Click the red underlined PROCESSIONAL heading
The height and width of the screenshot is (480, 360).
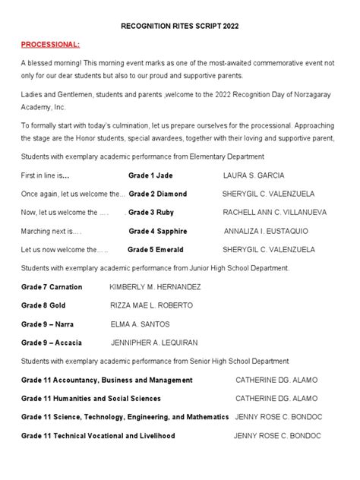pos(50,45)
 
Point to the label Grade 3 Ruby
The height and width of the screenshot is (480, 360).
pos(152,212)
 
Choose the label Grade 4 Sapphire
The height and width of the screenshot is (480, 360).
pos(159,230)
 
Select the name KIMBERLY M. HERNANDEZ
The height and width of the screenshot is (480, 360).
pos(155,286)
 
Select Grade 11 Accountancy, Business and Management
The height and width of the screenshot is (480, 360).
pos(107,380)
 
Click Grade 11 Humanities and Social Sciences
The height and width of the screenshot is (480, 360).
pos(91,398)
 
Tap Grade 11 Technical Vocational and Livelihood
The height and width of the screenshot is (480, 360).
pos(98,436)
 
